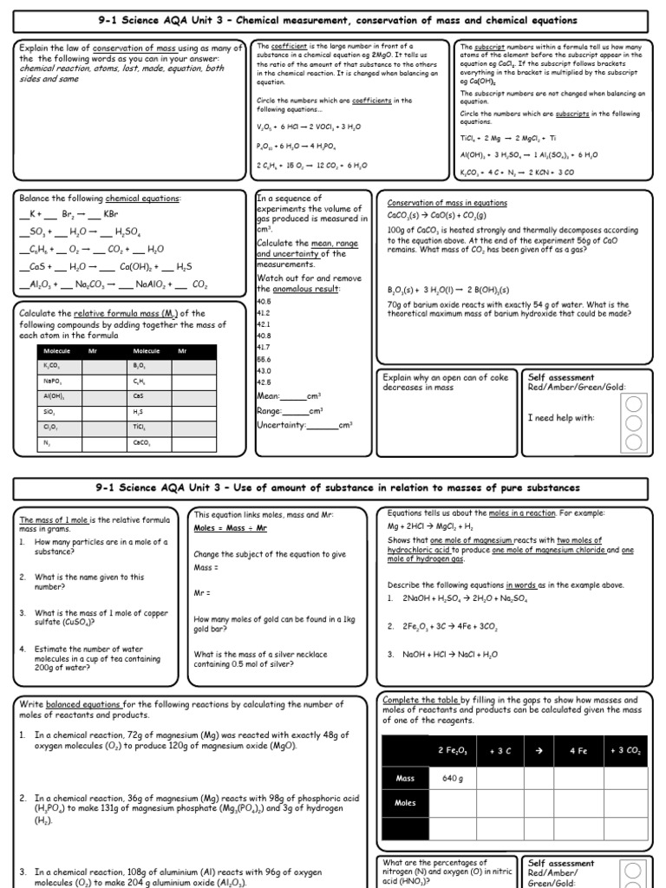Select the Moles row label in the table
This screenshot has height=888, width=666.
tap(406, 802)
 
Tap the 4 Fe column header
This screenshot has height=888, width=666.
tap(578, 751)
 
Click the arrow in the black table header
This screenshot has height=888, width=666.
tap(539, 751)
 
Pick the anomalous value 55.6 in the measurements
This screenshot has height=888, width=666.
tap(264, 358)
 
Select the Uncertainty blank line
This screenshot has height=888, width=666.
tap(322, 425)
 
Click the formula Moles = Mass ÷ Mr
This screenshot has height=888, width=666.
tap(230, 528)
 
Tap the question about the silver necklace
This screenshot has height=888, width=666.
tap(244, 659)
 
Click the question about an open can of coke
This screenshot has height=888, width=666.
tap(444, 382)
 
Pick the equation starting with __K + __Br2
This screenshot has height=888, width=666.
tap(69, 213)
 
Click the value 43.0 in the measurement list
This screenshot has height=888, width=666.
tap(264, 370)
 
